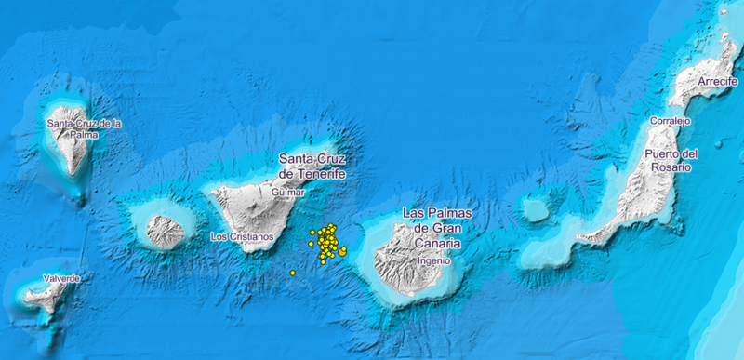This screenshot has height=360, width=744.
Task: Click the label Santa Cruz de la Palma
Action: click(x=85, y=127)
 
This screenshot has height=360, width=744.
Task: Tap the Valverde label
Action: click(x=60, y=278)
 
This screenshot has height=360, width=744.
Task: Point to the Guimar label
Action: click(x=288, y=192)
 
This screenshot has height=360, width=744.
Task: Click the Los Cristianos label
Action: click(x=243, y=236)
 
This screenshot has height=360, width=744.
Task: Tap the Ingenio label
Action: click(x=434, y=261)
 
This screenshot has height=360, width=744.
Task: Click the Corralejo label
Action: click(x=671, y=121)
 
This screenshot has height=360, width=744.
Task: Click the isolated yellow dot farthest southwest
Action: click(x=293, y=273)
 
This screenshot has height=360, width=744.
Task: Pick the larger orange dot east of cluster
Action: click(x=343, y=250)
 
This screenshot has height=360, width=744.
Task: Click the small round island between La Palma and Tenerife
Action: click(x=166, y=231)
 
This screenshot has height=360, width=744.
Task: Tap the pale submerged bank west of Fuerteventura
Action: click(x=536, y=210)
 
